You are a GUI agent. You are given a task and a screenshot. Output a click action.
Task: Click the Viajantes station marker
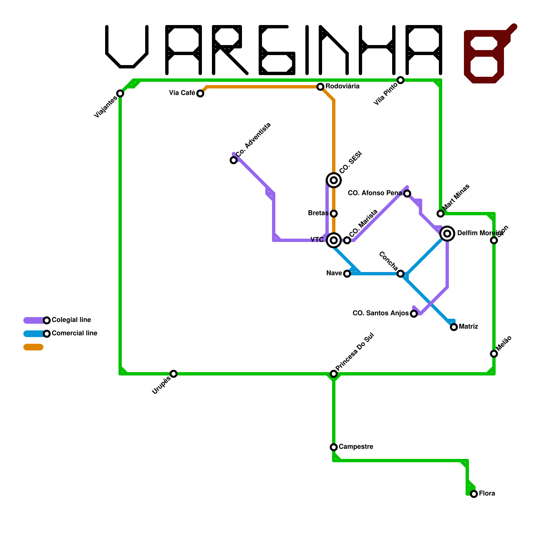pyautogui.click(x=120, y=93)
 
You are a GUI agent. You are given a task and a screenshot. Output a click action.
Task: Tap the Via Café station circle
pyautogui.click(x=200, y=93)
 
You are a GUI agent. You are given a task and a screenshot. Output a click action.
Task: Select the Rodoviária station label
pyautogui.click(x=342, y=86)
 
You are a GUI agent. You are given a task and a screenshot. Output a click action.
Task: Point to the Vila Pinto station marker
pyautogui.click(x=400, y=80)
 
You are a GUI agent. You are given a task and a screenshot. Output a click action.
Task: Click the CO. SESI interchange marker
pyautogui.click(x=334, y=180)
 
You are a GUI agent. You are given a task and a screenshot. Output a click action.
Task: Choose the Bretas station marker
pyautogui.click(x=334, y=214)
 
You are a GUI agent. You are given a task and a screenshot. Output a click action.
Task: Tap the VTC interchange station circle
pyautogui.click(x=334, y=240)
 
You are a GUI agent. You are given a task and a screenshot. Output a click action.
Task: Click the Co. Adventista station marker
pyautogui.click(x=234, y=160)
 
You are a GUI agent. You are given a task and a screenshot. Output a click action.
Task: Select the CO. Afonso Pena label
pyautogui.click(x=375, y=193)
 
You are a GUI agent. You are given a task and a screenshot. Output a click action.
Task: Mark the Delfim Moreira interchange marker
pyautogui.click(x=447, y=234)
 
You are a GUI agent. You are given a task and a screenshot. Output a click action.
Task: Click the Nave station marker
pyautogui.click(x=347, y=274)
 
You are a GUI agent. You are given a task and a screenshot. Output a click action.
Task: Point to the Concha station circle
pyautogui.click(x=400, y=274)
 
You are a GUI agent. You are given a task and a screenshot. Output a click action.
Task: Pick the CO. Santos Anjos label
pyautogui.click(x=380, y=313)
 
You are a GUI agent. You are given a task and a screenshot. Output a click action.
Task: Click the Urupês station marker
pyautogui.click(x=174, y=374)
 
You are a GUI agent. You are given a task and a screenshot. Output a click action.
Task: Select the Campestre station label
pyautogui.click(x=356, y=447)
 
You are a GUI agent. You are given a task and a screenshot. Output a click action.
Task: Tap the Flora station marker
pyautogui.click(x=474, y=494)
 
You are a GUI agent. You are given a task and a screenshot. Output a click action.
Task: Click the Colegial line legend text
pyautogui.click(x=71, y=320)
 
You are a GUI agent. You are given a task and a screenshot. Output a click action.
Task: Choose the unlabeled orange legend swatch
pyautogui.click(x=33, y=347)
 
